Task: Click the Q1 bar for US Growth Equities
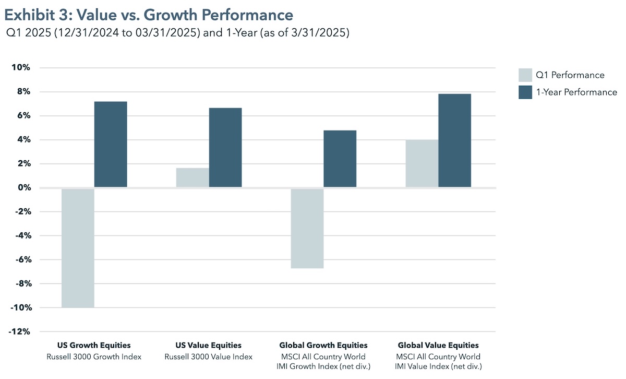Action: tap(78, 248)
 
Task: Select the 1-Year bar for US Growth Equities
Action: tap(111, 145)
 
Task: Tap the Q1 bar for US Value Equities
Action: tap(192, 177)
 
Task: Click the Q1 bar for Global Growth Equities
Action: tap(307, 228)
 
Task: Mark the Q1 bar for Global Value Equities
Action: tap(422, 163)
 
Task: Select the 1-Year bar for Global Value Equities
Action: tap(455, 140)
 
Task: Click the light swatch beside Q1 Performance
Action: tap(525, 75)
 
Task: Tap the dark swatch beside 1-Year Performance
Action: tap(525, 92)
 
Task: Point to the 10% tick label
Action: tap(21, 68)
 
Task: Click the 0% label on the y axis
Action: tap(23, 188)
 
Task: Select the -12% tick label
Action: tap(19, 332)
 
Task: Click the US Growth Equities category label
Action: tap(94, 346)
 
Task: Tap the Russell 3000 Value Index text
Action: tap(209, 357)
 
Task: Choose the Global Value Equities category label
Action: tap(438, 346)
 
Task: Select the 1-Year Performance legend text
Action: tap(576, 92)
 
